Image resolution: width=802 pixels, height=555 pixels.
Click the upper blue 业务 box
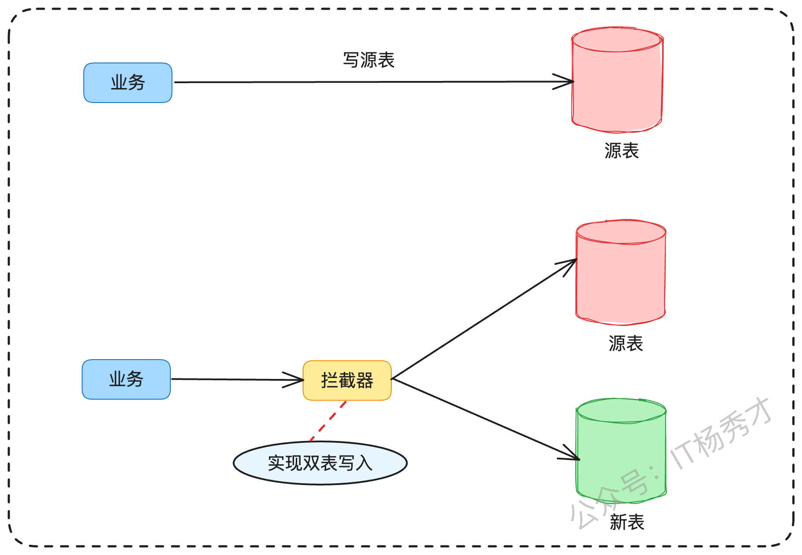(128, 83)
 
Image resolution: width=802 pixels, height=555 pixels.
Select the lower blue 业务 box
(126, 379)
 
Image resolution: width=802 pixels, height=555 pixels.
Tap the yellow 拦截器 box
(347, 380)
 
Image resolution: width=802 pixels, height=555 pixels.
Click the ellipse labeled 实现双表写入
(320, 463)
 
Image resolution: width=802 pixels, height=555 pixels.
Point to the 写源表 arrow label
(369, 60)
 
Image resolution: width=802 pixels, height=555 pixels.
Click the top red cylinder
(617, 80)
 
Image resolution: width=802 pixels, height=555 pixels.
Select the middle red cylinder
(621, 272)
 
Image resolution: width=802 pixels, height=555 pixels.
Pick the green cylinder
(621, 451)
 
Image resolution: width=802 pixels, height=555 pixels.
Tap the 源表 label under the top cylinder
(622, 151)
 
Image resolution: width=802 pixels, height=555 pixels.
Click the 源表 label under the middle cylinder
(626, 344)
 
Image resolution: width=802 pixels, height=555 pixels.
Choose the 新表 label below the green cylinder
(627, 522)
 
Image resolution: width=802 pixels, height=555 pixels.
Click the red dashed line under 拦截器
(328, 421)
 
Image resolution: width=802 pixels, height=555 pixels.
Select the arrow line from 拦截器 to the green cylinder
(486, 419)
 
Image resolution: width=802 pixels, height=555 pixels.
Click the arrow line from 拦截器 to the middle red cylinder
(484, 319)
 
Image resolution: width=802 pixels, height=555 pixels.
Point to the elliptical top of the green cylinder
(621, 411)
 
